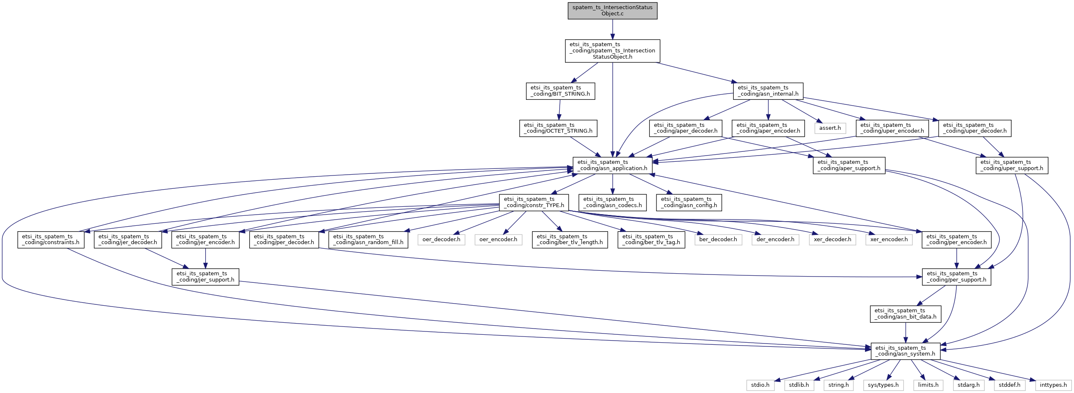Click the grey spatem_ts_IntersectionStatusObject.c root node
[612, 10]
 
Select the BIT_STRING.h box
[560, 91]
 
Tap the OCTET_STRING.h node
[558, 128]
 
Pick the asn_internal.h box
[768, 91]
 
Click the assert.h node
[830, 128]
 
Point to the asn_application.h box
[612, 165]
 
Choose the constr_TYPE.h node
[533, 203]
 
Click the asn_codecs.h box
[612, 203]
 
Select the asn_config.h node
[689, 203]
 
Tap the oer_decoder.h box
[441, 240]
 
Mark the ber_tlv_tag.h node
[651, 240]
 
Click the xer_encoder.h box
[889, 240]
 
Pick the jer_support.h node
[205, 277]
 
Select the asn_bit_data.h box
[905, 314]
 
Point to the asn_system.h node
[905, 351]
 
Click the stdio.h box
[760, 385]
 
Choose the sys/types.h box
[883, 385]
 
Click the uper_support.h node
[1011, 165]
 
